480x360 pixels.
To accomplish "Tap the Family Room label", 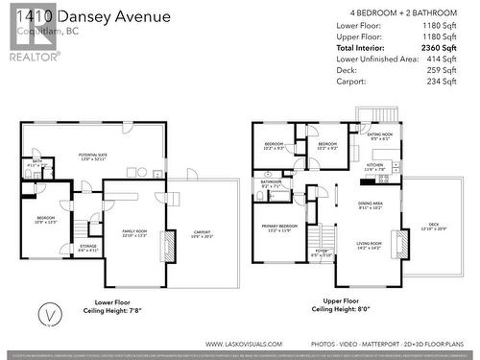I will tap(134, 231).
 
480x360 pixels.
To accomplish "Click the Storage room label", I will tap(88, 247).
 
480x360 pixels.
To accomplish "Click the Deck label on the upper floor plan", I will tap(435, 227).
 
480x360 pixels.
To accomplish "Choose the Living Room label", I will tap(369, 245).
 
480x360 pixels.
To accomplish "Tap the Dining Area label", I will tap(371, 205).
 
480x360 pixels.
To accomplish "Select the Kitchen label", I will tap(373, 166).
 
